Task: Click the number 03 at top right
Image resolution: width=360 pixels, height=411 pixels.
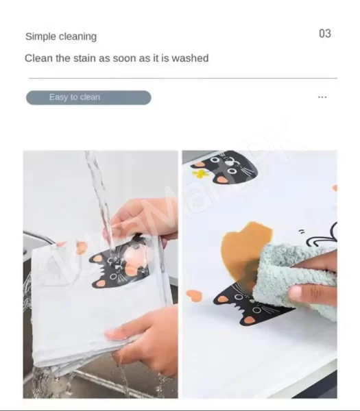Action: click(x=324, y=34)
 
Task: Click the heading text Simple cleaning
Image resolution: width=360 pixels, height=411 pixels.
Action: click(x=61, y=36)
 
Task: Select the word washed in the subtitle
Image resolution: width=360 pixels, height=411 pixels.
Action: click(x=190, y=58)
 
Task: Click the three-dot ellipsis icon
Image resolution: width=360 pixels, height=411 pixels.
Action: click(x=322, y=97)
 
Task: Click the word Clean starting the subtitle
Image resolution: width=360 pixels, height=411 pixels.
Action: click(x=38, y=58)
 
